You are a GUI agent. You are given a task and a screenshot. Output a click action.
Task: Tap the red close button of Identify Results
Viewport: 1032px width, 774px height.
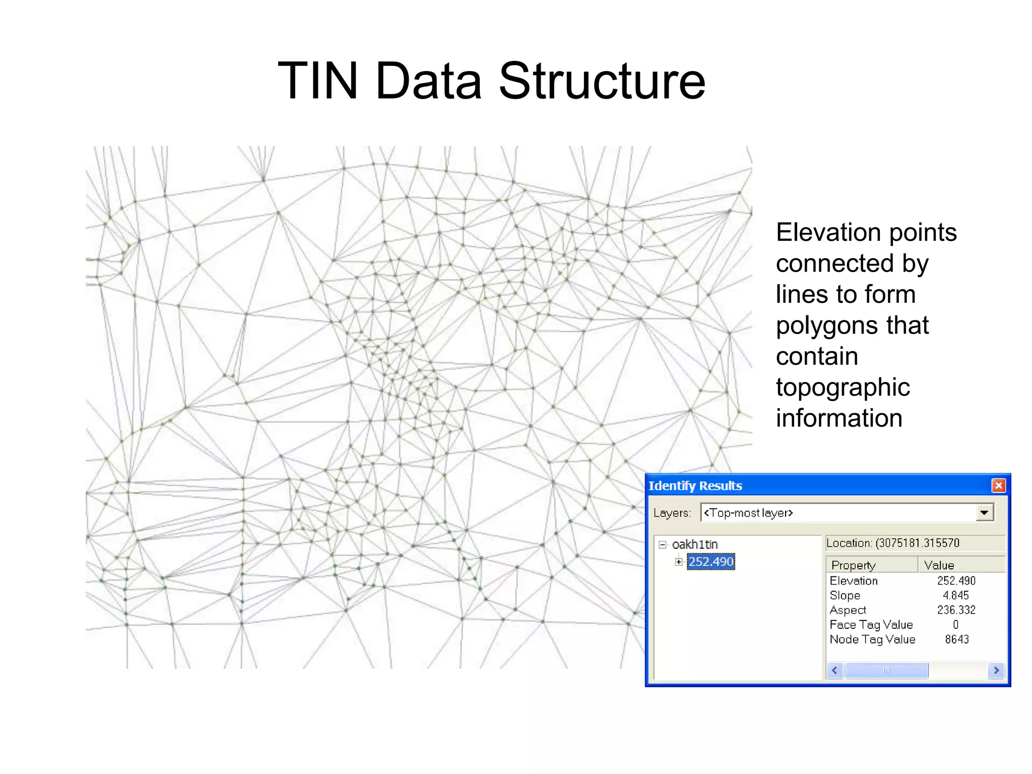click(x=998, y=485)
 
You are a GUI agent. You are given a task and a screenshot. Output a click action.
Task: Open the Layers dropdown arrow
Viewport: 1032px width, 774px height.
click(x=984, y=512)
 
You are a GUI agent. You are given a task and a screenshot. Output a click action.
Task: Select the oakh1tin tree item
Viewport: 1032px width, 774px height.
click(x=694, y=544)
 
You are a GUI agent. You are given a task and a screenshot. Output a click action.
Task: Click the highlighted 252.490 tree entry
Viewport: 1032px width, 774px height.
click(x=711, y=561)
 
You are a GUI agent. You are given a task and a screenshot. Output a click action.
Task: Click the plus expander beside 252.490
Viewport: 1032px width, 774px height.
click(x=679, y=561)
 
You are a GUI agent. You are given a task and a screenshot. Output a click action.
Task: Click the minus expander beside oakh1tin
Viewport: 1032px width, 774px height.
click(x=663, y=544)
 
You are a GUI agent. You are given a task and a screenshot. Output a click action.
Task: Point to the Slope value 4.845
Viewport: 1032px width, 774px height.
click(x=955, y=595)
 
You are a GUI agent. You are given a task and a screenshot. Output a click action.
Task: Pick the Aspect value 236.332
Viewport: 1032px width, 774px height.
click(x=956, y=610)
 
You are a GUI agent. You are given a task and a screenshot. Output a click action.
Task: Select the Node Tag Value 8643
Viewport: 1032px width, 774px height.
click(x=956, y=639)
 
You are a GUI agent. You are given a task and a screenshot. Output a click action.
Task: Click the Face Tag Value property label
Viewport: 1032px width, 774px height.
click(x=871, y=624)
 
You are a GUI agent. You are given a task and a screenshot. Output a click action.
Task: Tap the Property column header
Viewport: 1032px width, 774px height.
click(x=853, y=565)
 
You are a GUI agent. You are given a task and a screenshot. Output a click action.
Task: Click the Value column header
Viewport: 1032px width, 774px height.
click(x=939, y=565)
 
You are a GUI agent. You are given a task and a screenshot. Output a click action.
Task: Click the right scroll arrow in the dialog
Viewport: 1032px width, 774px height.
click(x=996, y=670)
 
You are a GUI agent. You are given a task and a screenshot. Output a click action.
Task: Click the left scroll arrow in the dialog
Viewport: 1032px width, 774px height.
click(x=835, y=670)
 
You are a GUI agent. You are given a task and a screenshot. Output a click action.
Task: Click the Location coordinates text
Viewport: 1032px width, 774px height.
click(x=892, y=543)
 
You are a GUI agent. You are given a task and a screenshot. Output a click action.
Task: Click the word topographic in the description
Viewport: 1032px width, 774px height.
click(x=843, y=387)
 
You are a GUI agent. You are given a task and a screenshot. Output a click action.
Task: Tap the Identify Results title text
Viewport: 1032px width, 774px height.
click(x=695, y=485)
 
